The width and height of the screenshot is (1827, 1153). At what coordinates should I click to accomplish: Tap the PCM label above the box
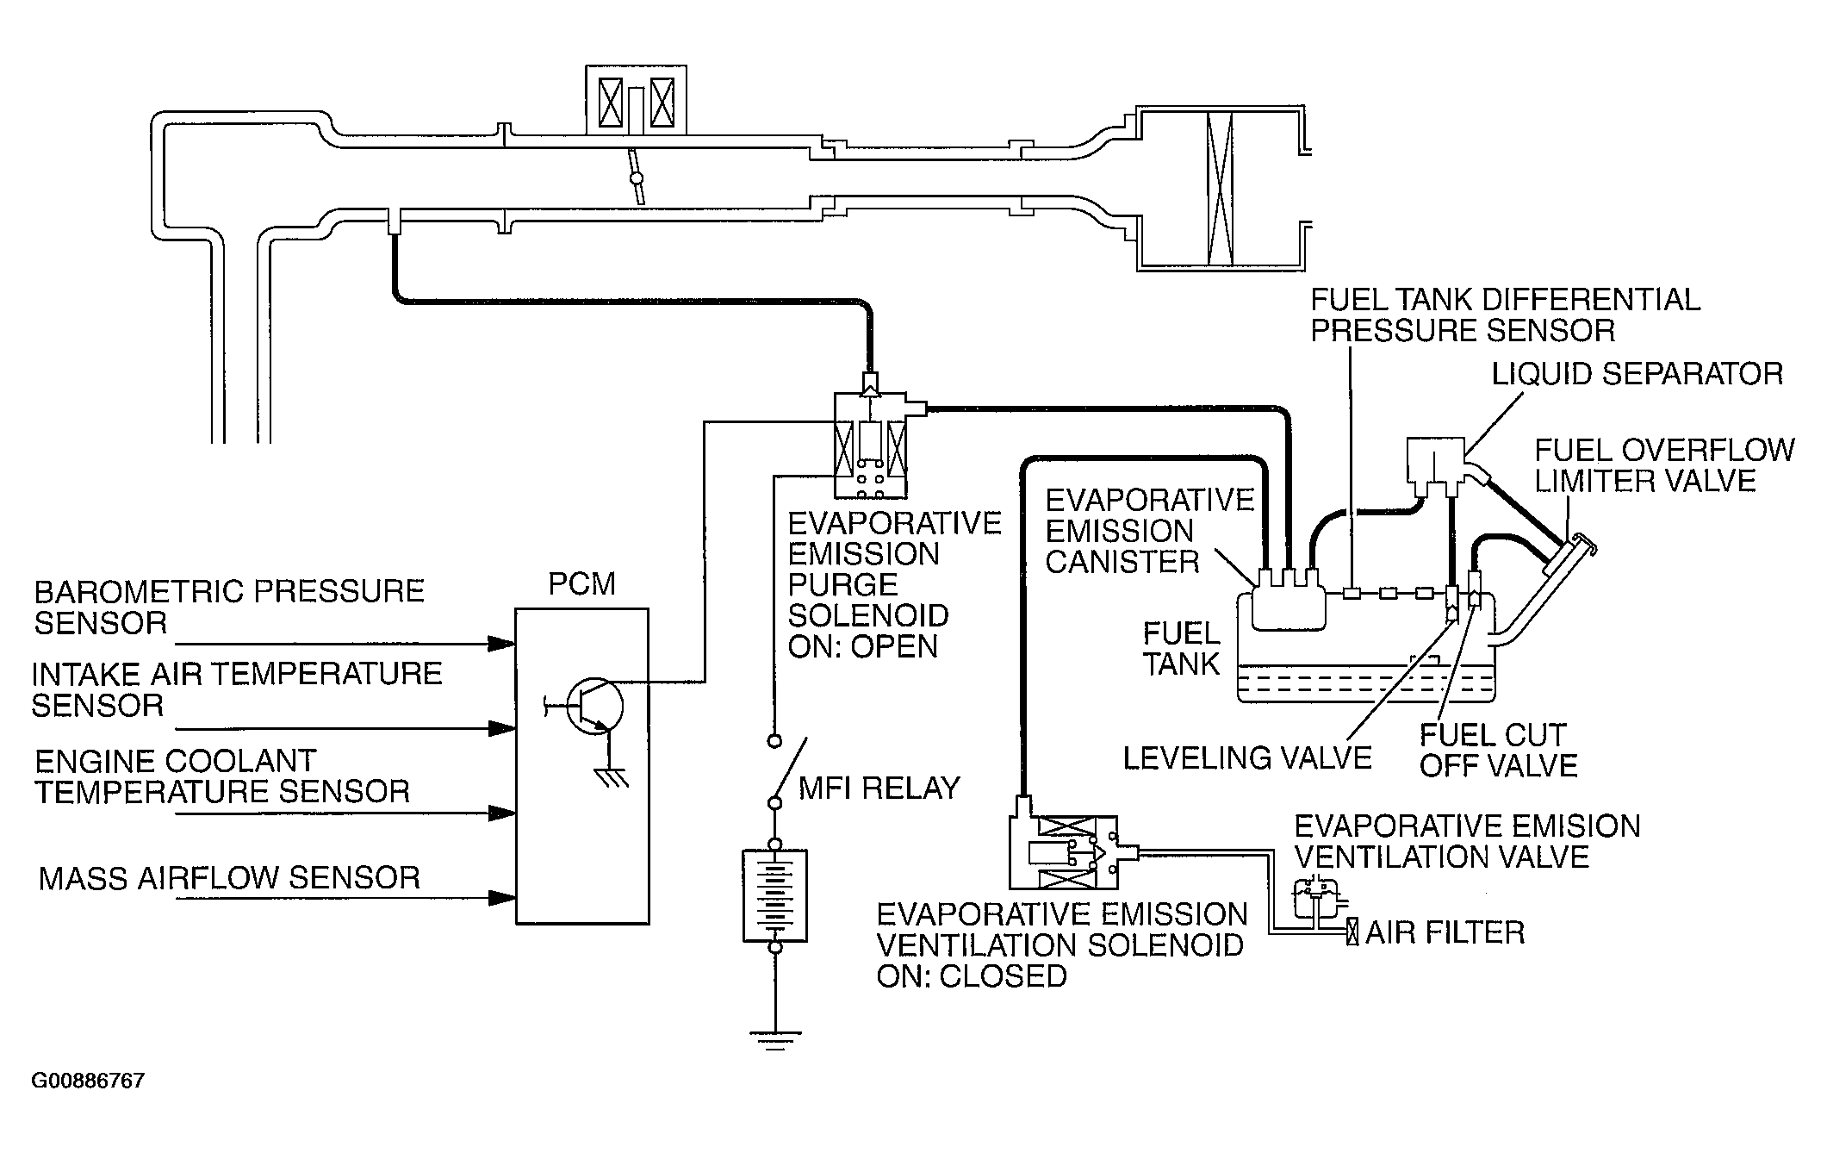coord(582,584)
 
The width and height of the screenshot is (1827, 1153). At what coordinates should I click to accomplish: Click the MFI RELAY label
coord(879,788)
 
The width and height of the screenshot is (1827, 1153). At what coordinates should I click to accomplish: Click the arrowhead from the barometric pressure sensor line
coord(501,644)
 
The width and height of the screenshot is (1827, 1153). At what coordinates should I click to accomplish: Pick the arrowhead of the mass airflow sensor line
coord(501,898)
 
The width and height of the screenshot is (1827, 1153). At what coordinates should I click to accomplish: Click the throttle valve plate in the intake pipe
coord(637,178)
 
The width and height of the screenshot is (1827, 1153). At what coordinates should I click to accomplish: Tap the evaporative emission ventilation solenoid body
coord(1064,851)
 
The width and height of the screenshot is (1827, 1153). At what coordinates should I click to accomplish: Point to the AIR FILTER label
coord(1445,932)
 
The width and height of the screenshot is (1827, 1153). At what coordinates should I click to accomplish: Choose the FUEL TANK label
coord(1182,649)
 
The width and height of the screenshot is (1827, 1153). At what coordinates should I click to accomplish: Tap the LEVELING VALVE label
coord(1247,758)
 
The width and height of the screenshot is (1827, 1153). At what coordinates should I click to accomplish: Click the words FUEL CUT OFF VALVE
coord(1498,751)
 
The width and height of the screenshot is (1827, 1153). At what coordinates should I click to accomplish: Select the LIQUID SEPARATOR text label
coord(1637,373)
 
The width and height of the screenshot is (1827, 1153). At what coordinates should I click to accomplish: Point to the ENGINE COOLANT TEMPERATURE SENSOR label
coord(221,776)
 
